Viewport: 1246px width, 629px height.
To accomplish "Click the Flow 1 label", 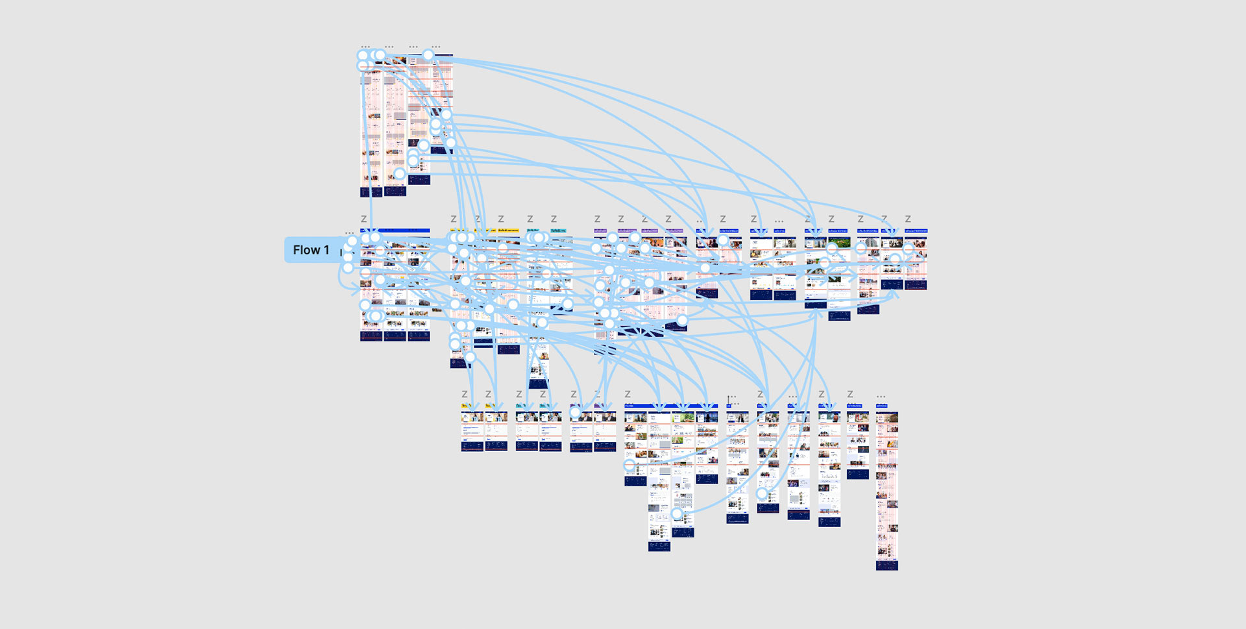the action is (x=311, y=250).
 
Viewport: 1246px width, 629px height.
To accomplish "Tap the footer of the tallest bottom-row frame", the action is (x=886, y=565).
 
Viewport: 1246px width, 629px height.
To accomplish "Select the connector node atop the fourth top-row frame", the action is (x=428, y=55).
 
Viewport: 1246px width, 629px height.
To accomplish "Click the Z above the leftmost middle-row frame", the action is (x=363, y=219).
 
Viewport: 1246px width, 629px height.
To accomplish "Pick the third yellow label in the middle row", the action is (x=508, y=230).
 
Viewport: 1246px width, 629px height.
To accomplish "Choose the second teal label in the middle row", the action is (x=558, y=230).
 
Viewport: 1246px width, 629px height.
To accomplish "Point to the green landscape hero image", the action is (x=839, y=243).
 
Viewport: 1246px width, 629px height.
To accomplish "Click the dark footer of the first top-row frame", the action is (x=371, y=192).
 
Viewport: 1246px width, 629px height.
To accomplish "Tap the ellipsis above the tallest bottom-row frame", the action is (x=881, y=396).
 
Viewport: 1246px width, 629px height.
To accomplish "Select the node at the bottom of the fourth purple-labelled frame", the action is (x=682, y=320).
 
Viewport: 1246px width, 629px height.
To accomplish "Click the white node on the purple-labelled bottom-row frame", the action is (x=575, y=412).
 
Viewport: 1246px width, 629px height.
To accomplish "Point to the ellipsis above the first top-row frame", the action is (x=365, y=47).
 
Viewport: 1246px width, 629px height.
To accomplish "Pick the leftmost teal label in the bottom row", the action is (x=521, y=406).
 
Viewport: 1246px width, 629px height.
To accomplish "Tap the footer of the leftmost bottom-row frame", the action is (x=472, y=446).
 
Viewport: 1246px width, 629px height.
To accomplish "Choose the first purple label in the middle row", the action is (x=600, y=230).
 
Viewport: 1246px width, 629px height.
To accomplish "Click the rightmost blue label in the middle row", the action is (x=916, y=230).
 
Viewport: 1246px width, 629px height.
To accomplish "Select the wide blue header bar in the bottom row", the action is (x=671, y=406).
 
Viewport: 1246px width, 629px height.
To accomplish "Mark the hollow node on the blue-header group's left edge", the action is (x=629, y=465).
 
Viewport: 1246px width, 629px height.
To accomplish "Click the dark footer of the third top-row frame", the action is (x=419, y=180).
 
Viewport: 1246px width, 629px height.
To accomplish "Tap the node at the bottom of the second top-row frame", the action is (x=400, y=174).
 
